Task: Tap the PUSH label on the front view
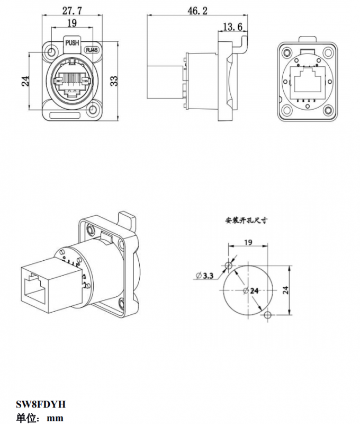tap(72, 42)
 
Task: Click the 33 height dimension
tap(114, 79)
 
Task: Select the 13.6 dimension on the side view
tap(233, 26)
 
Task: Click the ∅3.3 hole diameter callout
tap(204, 276)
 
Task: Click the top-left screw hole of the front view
tap(51, 53)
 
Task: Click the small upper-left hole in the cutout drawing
tap(228, 265)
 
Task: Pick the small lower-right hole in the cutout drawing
tap(267, 316)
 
